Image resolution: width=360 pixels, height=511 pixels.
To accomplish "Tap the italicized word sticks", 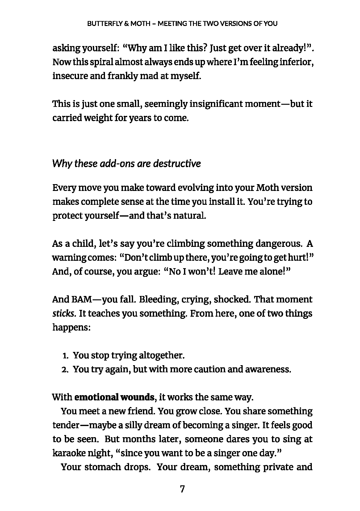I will (64, 314).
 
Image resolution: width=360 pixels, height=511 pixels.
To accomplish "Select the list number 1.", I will (65, 356).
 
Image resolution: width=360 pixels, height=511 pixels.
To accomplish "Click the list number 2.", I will (65, 370).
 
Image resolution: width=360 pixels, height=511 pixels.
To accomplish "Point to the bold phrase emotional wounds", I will (114, 397).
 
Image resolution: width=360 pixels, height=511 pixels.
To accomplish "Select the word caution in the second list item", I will (209, 370).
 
